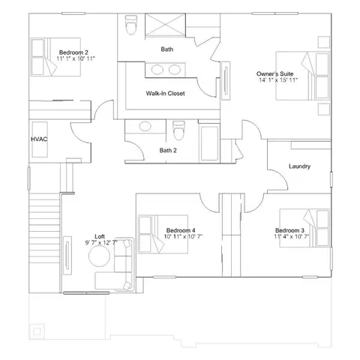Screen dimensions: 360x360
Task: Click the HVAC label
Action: [x=40, y=139]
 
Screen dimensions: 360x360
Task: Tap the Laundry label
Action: [x=299, y=166]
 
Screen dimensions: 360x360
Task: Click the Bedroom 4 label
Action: [x=181, y=229]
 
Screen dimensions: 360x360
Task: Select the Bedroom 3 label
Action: [x=289, y=229]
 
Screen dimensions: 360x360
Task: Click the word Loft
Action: [x=100, y=235]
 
